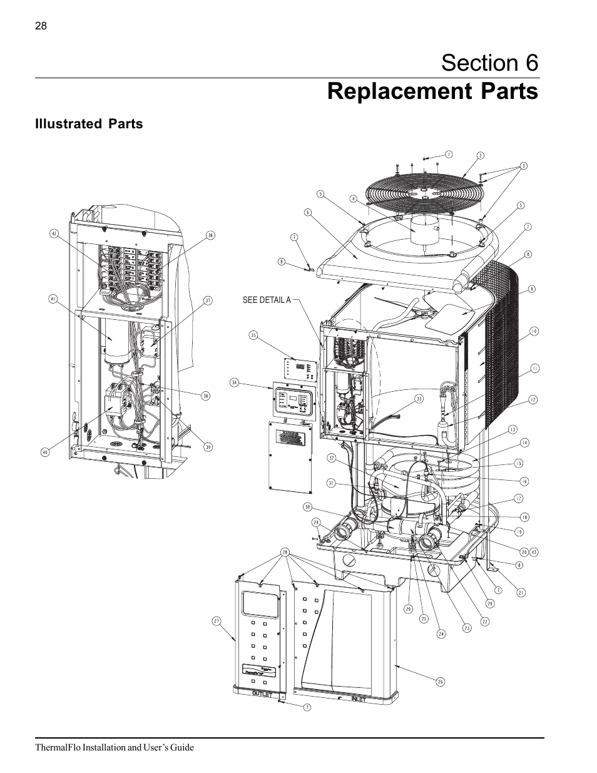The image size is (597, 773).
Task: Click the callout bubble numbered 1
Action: click(448, 154)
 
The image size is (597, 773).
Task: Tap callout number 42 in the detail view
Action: click(54, 234)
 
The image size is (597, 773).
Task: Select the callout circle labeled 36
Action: click(210, 235)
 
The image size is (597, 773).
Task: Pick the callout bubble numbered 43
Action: click(534, 551)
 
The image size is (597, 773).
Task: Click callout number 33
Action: click(419, 398)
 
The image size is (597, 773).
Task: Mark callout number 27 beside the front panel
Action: click(216, 621)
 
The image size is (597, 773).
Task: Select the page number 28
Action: click(41, 26)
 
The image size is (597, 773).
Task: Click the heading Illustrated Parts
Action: click(89, 124)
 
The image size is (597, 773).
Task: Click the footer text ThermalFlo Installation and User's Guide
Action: click(115, 747)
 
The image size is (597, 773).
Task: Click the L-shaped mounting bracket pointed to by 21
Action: click(491, 566)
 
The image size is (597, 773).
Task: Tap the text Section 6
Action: click(489, 63)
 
